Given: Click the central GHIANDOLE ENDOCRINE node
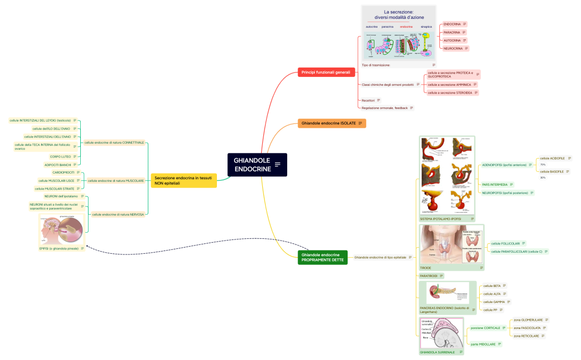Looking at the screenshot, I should pyautogui.click(x=257, y=165).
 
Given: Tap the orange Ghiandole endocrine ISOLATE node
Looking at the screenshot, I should pyautogui.click(x=329, y=123).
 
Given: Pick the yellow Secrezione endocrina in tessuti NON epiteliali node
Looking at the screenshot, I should pyautogui.click(x=183, y=180).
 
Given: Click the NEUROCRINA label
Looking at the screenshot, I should pyautogui.click(x=453, y=49).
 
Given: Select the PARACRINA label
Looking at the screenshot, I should pyautogui.click(x=452, y=32).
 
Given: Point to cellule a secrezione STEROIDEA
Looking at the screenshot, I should pyautogui.click(x=449, y=93).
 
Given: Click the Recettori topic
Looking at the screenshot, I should pyautogui.click(x=368, y=100).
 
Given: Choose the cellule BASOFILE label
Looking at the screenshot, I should pyautogui.click(x=552, y=171).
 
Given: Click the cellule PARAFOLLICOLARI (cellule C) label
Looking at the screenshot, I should pyautogui.click(x=516, y=252).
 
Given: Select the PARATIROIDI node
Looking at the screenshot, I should pyautogui.click(x=429, y=275).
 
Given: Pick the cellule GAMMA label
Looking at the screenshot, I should pyautogui.click(x=494, y=302).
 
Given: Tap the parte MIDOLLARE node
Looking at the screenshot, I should pyautogui.click(x=482, y=344).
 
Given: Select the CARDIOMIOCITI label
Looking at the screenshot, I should pyautogui.click(x=64, y=173).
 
